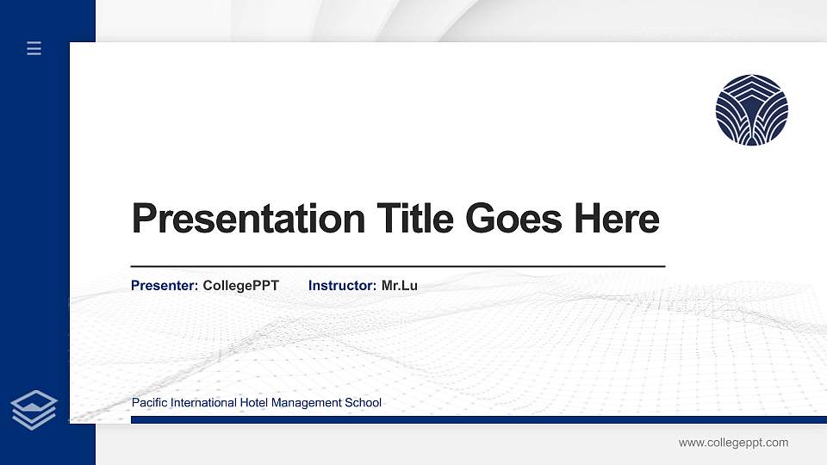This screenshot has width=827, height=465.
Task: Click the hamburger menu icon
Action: [x=34, y=49]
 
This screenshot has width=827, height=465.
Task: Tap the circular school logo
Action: [x=751, y=110]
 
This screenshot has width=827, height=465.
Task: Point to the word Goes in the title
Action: [x=514, y=220]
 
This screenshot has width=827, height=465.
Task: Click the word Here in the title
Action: [x=616, y=220]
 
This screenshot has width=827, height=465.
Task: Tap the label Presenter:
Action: [x=165, y=285]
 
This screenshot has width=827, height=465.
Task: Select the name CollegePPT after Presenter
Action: [x=240, y=285]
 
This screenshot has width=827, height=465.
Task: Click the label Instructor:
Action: [x=342, y=285]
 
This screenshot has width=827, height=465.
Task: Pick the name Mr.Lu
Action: [x=399, y=285]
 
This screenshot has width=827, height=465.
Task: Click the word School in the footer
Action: [x=364, y=403]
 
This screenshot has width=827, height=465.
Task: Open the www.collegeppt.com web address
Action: [x=733, y=443]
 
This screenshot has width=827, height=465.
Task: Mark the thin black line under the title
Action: [x=397, y=267]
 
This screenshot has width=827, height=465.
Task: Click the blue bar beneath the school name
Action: [x=473, y=419]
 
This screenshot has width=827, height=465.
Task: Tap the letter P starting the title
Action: [x=143, y=220]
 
